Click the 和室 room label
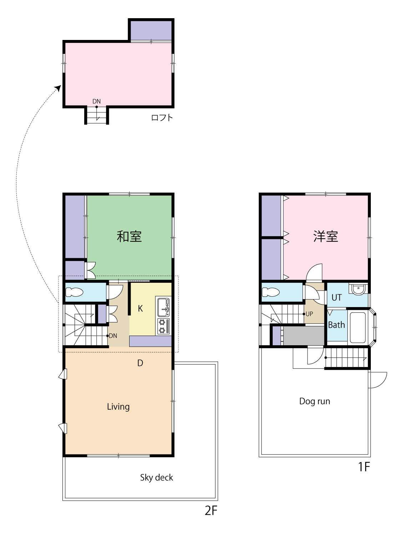click(129, 236)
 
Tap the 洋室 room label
click(325, 236)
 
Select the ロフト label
click(162, 118)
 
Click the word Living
click(118, 407)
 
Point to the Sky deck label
click(157, 478)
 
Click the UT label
click(337, 297)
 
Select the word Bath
click(336, 325)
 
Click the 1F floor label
click(364, 467)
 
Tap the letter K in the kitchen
click(140, 309)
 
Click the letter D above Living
click(140, 363)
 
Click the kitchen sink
click(163, 307)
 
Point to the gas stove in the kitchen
click(163, 326)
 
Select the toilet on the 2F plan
click(74, 292)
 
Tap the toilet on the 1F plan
click(271, 292)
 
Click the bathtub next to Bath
click(358, 327)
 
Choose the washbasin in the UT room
click(358, 289)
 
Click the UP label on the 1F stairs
click(309, 314)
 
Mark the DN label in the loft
click(97, 101)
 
